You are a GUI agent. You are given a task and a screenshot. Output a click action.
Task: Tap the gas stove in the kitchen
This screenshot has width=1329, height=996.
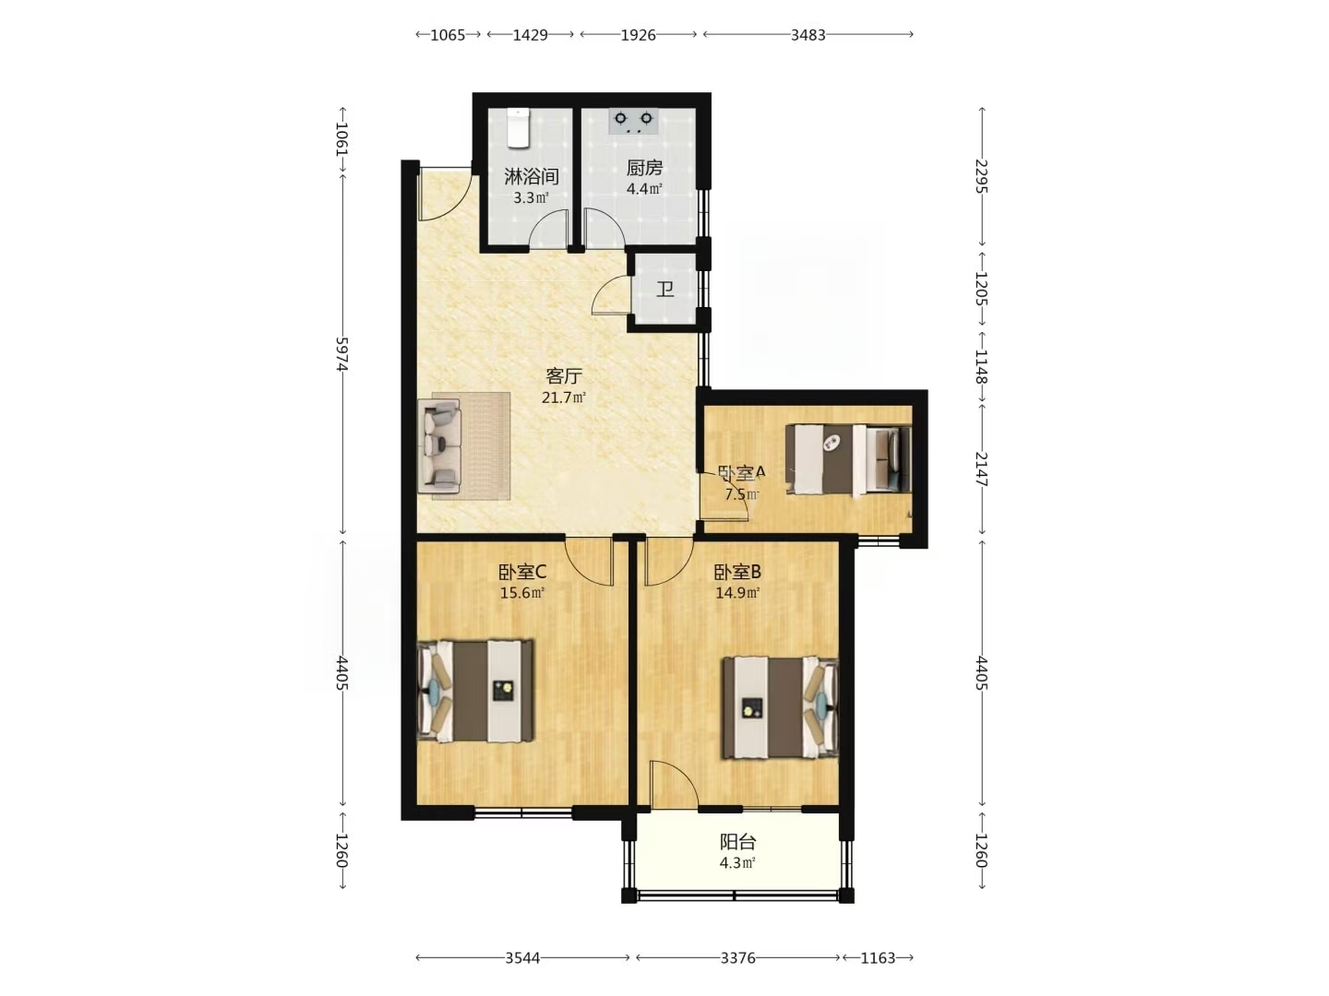[633, 120]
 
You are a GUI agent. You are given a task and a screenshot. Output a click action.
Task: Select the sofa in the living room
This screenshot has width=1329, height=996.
[440, 446]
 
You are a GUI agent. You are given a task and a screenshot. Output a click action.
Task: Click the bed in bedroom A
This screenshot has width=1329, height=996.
[848, 459]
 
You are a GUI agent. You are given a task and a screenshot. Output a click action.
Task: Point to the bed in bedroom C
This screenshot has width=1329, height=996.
[476, 691]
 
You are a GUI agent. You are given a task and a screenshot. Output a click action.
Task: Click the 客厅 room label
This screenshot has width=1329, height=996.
[564, 376]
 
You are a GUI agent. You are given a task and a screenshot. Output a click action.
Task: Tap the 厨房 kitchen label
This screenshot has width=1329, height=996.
[644, 168]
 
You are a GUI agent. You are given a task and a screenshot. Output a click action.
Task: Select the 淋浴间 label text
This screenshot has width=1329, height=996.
[531, 176]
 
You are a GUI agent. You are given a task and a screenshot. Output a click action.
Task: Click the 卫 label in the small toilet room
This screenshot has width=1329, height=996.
[665, 290]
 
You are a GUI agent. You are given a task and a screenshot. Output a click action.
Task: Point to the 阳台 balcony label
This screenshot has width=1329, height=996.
[737, 842]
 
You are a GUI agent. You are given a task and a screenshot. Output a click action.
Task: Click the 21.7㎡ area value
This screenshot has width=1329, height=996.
[564, 397]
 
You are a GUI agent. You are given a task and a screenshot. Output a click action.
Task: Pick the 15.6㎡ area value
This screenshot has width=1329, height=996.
[522, 593]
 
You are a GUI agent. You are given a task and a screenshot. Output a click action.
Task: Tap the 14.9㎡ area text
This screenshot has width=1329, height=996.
[737, 593]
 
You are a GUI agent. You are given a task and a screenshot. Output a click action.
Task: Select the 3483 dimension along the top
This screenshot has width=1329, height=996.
[808, 35]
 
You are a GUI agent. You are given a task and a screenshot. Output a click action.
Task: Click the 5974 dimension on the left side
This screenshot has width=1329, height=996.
[342, 354]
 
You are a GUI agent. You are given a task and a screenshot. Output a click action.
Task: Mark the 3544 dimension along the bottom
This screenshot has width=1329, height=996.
[522, 958]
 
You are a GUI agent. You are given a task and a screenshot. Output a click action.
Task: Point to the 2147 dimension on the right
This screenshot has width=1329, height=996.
[981, 469]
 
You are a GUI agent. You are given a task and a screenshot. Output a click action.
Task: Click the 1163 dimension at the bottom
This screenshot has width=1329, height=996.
[878, 958]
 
